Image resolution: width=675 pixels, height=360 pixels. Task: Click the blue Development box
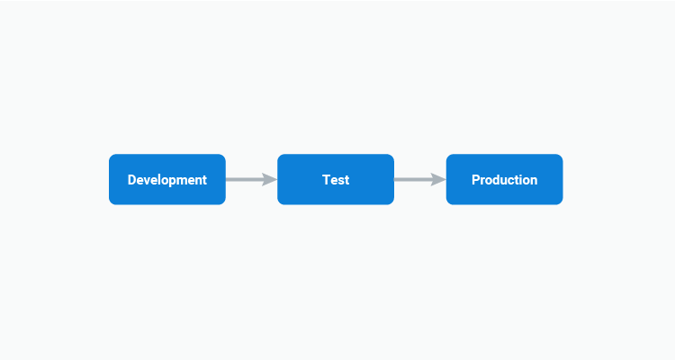(x=167, y=179)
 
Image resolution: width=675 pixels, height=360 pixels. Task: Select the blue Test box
(x=336, y=179)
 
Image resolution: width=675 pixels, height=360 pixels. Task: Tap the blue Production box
(x=504, y=179)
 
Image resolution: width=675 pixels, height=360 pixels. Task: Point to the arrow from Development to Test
(x=250, y=179)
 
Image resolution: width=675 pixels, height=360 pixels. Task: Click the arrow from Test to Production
(x=419, y=179)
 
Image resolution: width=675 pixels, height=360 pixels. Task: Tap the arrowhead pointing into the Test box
(x=269, y=179)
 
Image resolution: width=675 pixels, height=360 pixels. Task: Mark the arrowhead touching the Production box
(x=438, y=179)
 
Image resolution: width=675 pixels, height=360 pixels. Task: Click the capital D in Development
(x=132, y=180)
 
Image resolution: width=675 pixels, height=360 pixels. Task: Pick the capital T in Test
(x=327, y=180)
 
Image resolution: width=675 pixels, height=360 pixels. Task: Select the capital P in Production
(x=476, y=180)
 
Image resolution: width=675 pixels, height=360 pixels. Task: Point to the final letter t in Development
(x=204, y=180)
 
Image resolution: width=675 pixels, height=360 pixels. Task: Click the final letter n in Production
(x=534, y=180)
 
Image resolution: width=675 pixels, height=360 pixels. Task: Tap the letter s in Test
(x=340, y=180)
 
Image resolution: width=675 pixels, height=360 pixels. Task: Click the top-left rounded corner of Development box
(x=112, y=157)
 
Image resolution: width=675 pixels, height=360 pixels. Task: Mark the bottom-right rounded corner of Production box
(x=559, y=201)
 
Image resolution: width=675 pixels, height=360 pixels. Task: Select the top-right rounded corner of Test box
(x=391, y=157)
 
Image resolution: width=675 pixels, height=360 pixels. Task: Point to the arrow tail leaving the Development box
(x=229, y=179)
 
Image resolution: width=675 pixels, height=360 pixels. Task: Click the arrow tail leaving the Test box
(x=397, y=179)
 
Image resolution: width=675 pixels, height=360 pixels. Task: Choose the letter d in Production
(x=497, y=180)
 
